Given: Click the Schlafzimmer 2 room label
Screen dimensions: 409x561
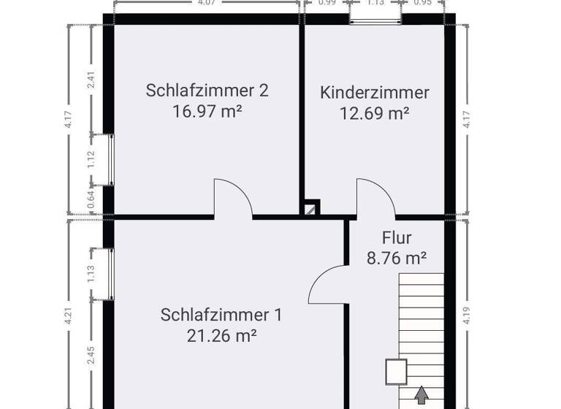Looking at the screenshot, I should (207, 91).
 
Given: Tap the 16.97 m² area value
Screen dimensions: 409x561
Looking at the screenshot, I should (207, 112).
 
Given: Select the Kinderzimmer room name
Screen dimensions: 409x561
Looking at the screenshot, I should (375, 93).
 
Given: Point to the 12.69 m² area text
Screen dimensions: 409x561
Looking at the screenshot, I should (375, 113).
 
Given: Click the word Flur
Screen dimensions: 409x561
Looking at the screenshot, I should (397, 237).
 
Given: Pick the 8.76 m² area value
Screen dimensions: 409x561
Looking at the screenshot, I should (397, 257).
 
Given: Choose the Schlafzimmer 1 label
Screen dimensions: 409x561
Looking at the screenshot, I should (221, 315).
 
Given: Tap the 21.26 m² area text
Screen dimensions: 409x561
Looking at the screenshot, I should (221, 336).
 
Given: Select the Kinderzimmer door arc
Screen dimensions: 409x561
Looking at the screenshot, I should (374, 196).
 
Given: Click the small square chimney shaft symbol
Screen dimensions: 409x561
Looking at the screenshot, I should (312, 208).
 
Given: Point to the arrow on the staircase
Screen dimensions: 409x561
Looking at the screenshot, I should (421, 397).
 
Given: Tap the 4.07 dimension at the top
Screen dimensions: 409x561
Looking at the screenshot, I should (206, 2).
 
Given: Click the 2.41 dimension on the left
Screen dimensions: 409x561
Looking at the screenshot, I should (91, 79).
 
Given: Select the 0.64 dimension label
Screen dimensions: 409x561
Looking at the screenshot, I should (91, 199).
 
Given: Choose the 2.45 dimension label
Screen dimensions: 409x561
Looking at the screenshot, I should (91, 356).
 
